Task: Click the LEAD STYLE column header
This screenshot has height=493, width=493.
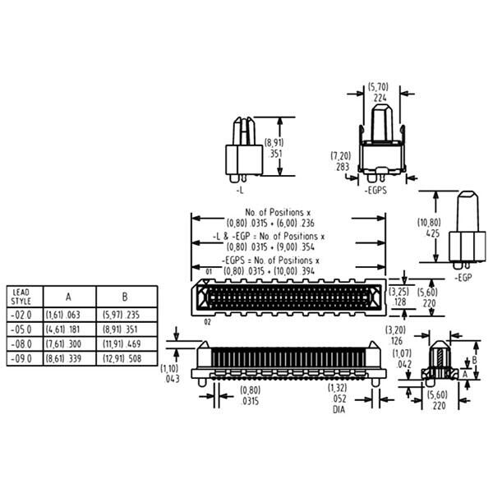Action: point(21,297)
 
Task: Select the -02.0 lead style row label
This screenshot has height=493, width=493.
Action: point(21,315)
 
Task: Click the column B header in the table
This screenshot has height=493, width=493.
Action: point(125,297)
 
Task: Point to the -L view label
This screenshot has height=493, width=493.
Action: point(240,191)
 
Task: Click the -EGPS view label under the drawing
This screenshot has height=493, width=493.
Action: point(376,191)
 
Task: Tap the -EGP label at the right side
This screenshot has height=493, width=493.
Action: point(463,278)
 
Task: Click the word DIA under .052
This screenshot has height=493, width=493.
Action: point(339,409)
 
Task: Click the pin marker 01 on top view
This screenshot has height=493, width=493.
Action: point(209,272)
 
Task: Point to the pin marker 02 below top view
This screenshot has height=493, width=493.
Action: point(208,322)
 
